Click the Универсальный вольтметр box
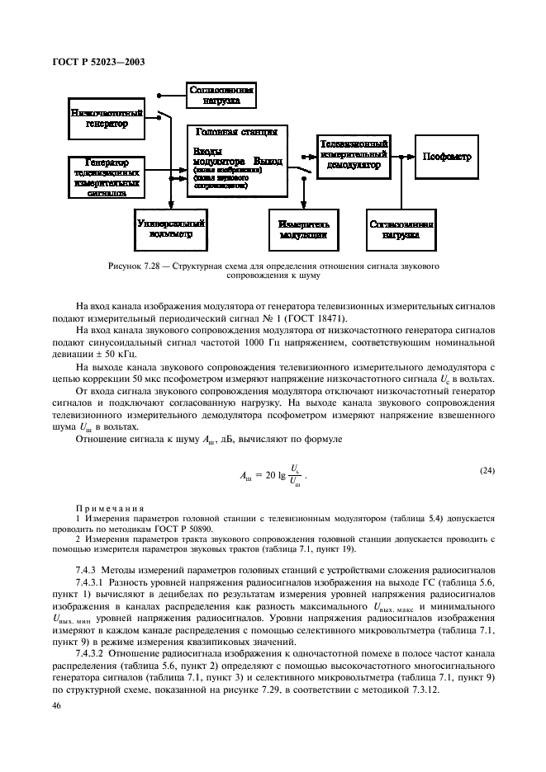coord(169,228)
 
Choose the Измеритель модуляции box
coord(304,228)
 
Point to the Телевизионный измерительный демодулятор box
coord(351,154)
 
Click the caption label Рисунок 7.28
coord(136,267)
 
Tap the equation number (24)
coord(487,471)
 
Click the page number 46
coord(57,707)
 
